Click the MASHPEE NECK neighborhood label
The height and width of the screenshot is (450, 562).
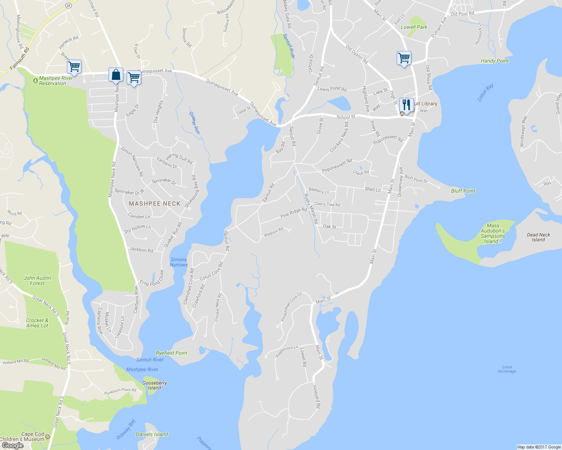pos(154,204)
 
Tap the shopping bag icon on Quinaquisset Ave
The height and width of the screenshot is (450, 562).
pos(116,75)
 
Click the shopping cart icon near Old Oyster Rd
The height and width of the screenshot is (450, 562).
pos(404,58)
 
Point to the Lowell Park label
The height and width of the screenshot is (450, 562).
pos(414,27)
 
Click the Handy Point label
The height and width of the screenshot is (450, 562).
pos(495,61)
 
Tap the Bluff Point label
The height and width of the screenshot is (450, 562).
pos(463,191)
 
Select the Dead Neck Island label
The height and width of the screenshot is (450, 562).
pos(538,237)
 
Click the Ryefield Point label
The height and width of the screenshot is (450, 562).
pos(171,353)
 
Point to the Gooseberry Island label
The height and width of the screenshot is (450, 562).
pos(154,385)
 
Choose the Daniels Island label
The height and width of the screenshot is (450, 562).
pos(152,434)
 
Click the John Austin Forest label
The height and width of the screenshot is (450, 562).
pos(37,280)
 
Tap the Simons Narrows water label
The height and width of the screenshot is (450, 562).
pos(178,262)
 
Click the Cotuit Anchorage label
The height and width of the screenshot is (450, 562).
pos(507,369)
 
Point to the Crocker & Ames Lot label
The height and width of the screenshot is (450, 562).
pos(37,323)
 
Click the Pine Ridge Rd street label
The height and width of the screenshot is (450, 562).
pos(293,213)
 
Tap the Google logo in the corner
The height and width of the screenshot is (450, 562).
pos(12,445)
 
